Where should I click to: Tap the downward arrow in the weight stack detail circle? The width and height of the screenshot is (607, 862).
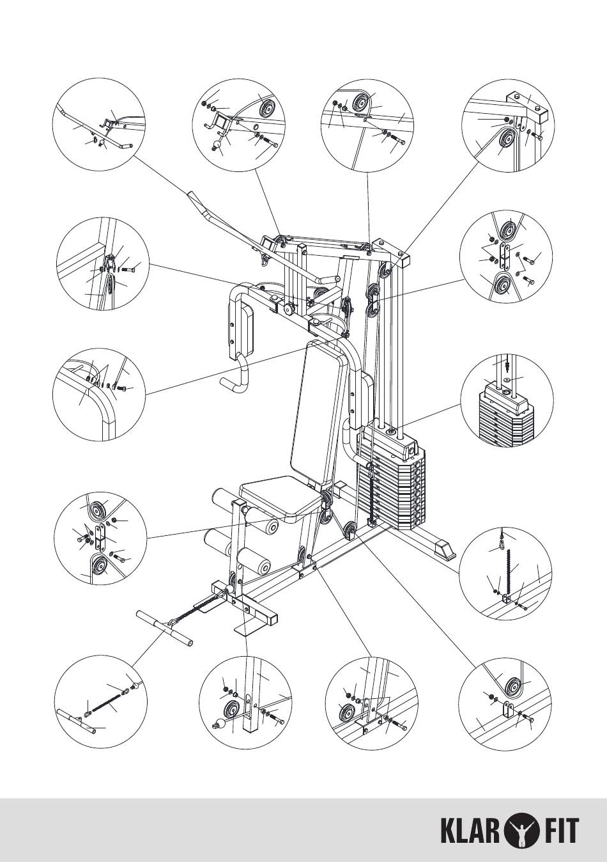click(x=507, y=366)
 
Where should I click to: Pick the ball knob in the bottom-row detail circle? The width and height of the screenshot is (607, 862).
click(x=217, y=725)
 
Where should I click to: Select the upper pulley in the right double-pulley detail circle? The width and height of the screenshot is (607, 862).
click(x=511, y=230)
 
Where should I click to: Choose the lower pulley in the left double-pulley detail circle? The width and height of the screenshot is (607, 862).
click(x=98, y=566)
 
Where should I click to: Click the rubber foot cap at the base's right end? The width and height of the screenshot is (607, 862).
click(x=443, y=548)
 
